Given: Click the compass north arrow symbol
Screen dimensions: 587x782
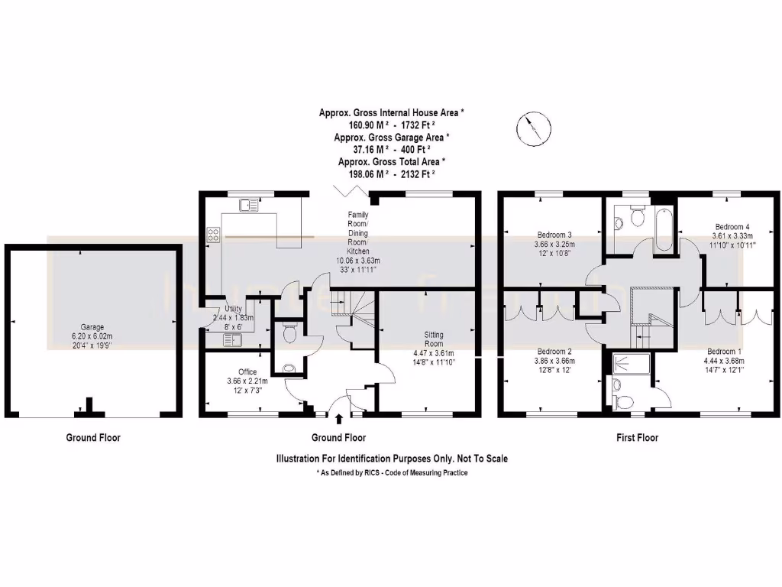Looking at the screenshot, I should click(529, 128).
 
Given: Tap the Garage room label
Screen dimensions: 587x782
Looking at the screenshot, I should click(94, 326).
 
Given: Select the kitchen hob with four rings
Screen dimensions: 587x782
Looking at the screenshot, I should click(214, 236).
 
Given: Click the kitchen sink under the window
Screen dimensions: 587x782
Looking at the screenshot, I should click(249, 205).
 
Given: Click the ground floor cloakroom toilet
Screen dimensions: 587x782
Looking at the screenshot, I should click(288, 334).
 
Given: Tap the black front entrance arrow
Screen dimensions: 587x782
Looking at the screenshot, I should click(338, 417).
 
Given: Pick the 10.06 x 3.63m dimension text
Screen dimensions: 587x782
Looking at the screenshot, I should click(358, 260).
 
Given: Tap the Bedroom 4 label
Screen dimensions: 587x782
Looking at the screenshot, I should click(732, 227).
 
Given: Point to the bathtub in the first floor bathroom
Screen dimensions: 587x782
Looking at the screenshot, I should click(662, 229).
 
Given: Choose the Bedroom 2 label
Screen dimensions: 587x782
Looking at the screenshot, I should click(554, 351).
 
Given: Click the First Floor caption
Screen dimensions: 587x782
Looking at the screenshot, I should click(637, 438).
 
